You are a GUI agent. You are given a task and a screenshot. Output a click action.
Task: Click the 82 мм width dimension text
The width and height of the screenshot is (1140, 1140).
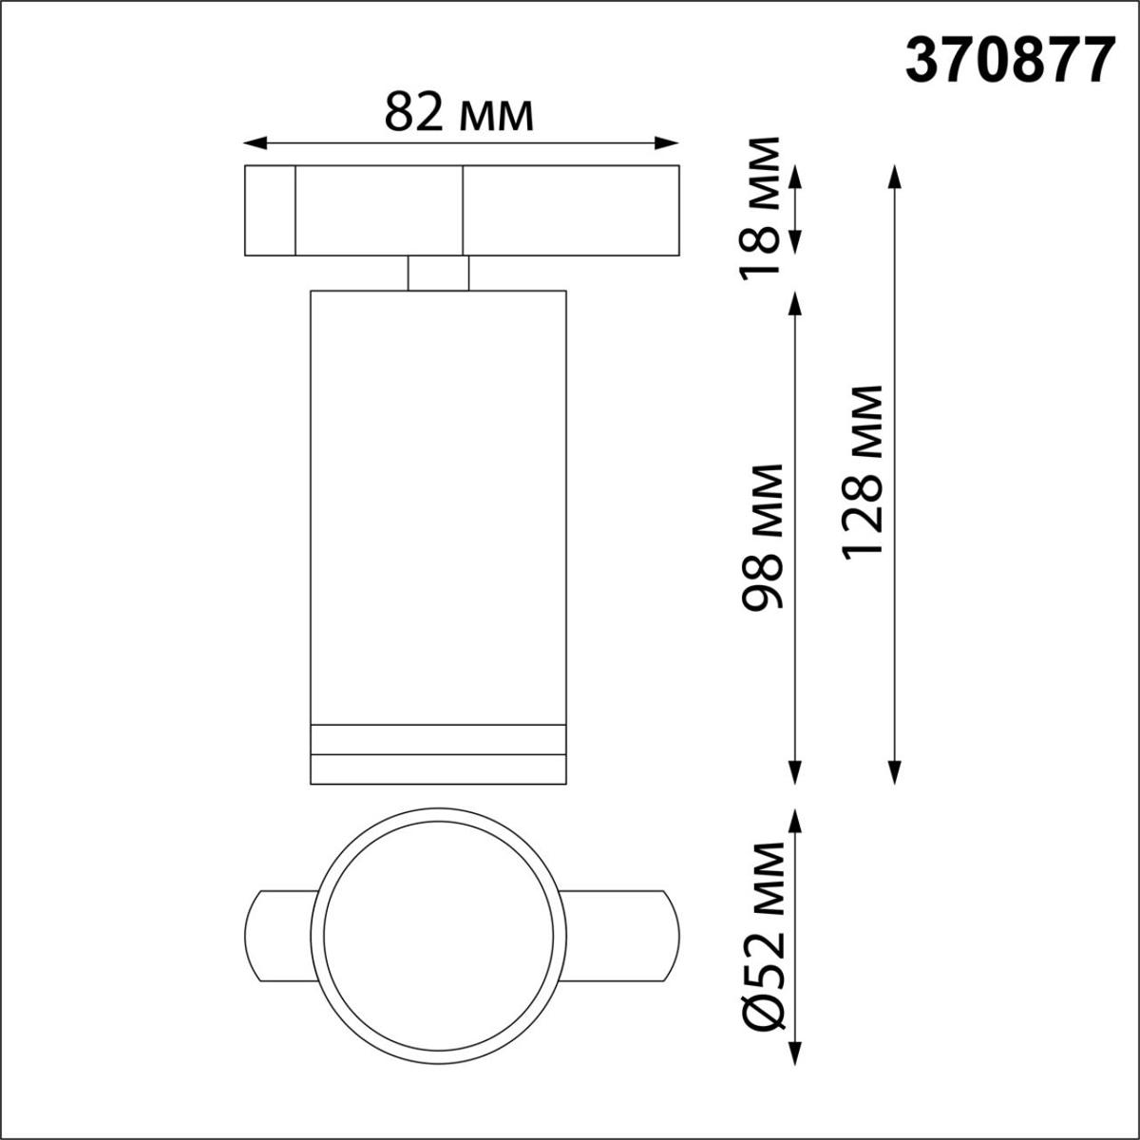pos(459,115)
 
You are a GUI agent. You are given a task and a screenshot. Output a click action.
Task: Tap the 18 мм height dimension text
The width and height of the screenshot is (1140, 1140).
pos(764,205)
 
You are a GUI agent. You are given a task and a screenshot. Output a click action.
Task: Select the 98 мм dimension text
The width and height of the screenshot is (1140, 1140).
pos(764,537)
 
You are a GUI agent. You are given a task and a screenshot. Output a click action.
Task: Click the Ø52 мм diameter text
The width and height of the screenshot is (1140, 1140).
pos(764,935)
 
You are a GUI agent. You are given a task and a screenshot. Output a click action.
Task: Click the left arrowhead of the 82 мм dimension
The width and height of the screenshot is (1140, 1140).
pos(253,143)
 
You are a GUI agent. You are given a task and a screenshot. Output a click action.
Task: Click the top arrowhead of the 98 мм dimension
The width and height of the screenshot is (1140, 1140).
pos(794,300)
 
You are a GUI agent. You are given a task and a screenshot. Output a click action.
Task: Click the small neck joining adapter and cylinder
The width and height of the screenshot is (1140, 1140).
pos(438,273)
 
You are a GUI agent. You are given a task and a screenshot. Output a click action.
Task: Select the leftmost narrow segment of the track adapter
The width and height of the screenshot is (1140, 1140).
pos(270,211)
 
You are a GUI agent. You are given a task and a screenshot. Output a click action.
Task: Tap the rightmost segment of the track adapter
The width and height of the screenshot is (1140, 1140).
pos(571,211)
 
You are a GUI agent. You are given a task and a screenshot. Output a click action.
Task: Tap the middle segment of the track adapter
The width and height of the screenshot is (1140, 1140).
pos(379,211)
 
